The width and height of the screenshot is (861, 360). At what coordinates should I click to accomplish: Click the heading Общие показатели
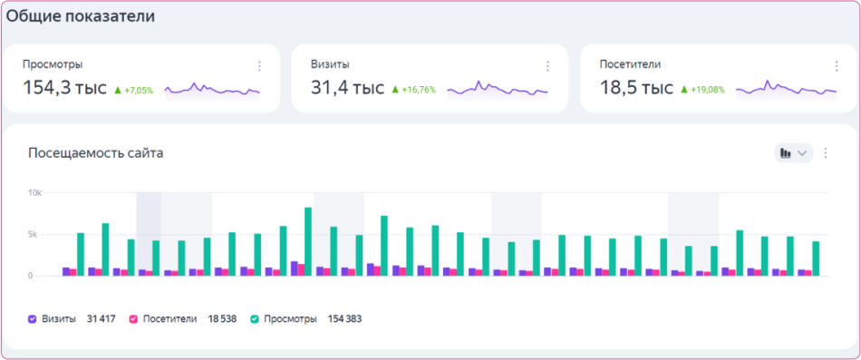coord(81,16)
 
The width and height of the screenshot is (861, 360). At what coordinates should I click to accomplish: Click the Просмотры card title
coord(53,64)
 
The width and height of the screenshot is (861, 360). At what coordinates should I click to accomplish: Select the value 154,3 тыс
coord(64,88)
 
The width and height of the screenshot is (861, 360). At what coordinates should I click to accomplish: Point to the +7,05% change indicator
coord(134,90)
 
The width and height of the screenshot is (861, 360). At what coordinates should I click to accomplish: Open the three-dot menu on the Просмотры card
coord(259,66)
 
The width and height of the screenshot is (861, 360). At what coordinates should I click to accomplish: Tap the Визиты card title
coord(331,64)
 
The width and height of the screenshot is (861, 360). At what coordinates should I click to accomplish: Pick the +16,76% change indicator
coord(414,90)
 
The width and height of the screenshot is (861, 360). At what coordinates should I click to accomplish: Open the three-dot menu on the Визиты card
coord(547,66)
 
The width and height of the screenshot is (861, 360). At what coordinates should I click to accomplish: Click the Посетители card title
coord(630,64)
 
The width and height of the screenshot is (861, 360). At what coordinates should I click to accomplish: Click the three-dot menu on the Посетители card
coord(836,66)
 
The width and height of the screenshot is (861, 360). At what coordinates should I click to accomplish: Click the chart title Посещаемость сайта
coord(95,153)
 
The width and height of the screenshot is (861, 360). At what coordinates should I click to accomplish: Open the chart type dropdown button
coord(793,153)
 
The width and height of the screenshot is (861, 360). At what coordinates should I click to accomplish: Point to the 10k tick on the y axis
coord(34,193)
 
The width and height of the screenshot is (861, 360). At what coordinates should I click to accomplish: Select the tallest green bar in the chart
coord(308,241)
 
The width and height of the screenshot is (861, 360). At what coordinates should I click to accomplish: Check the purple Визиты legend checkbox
coord(33,319)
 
